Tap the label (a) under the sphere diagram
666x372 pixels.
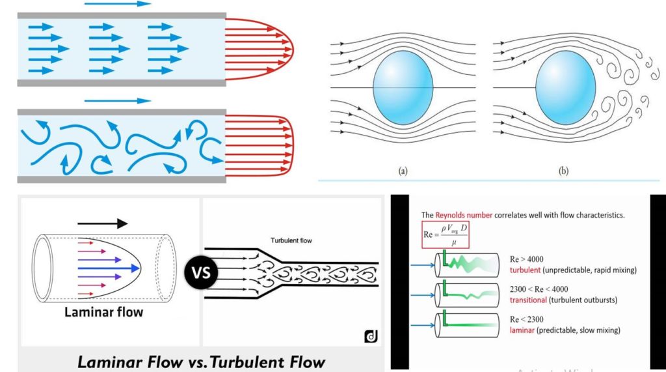tap(403, 172)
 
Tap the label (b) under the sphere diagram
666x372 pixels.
tap(563, 172)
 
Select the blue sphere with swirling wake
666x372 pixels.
tap(563, 87)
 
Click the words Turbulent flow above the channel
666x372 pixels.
tap(291, 240)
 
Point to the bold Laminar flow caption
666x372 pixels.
tap(105, 312)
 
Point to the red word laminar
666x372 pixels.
tap(521, 330)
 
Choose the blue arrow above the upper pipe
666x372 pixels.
tap(118, 3)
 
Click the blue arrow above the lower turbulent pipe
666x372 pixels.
tap(118, 101)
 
